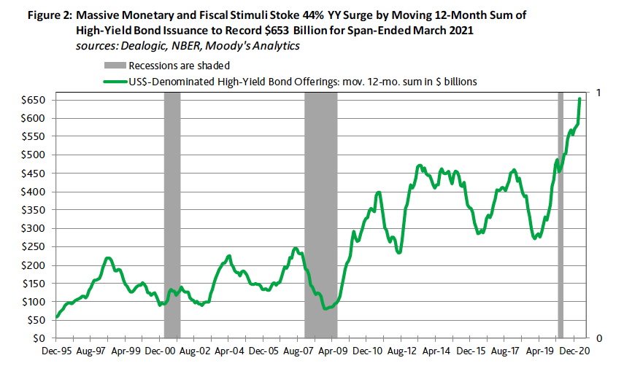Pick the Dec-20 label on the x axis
574,351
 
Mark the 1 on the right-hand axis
599,93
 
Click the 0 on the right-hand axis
599,338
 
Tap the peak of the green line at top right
580,98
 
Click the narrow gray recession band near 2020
561,219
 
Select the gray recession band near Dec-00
172,219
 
